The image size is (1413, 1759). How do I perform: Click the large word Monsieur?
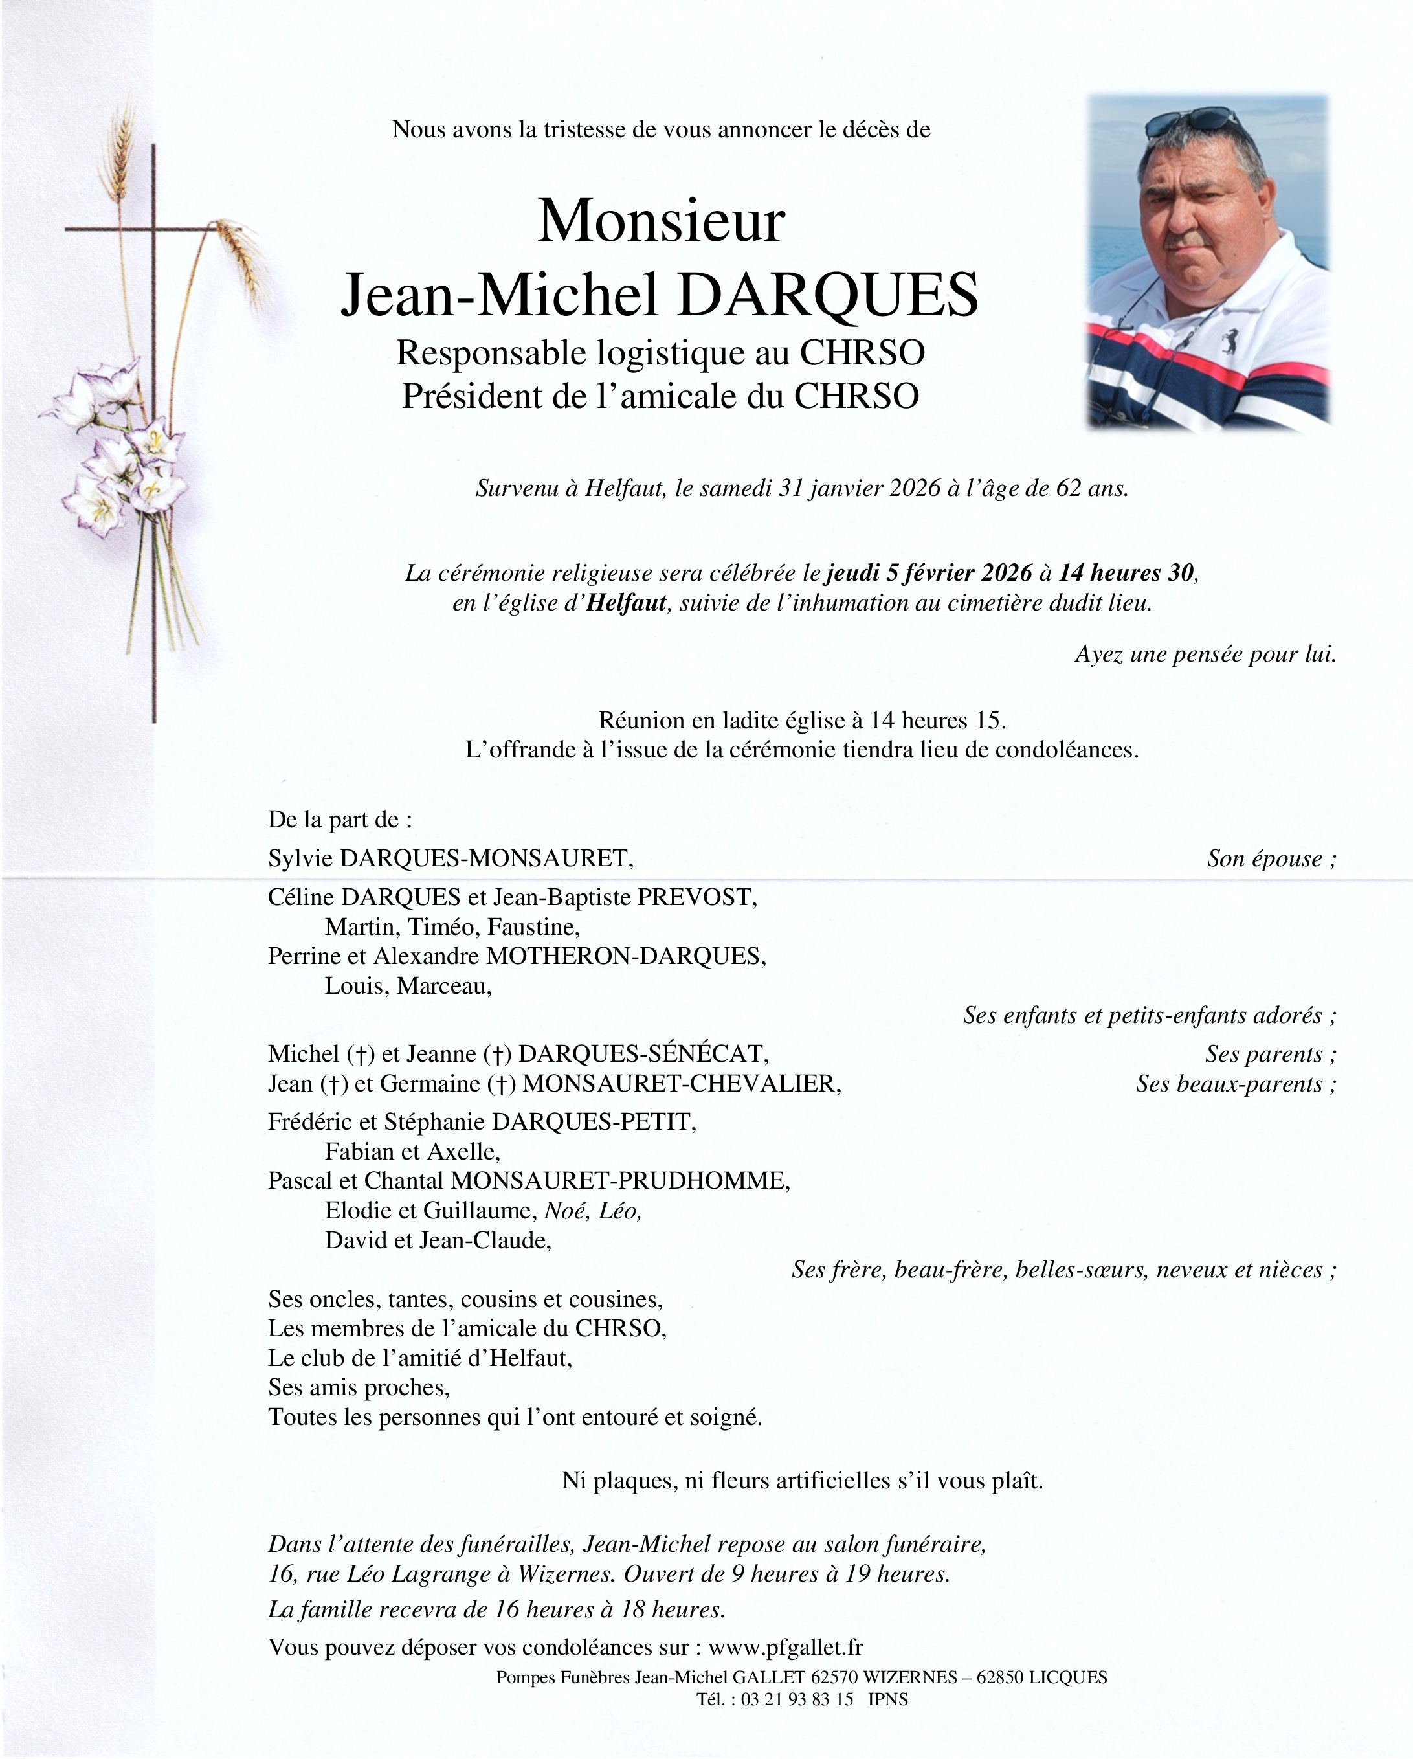click(x=661, y=222)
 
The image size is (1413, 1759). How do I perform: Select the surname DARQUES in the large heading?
click(x=827, y=295)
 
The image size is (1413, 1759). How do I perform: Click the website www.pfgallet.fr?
click(x=786, y=1646)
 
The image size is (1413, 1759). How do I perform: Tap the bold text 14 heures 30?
click(x=1127, y=573)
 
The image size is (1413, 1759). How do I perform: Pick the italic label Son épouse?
click(x=1270, y=858)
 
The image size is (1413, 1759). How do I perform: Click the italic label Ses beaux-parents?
click(x=1235, y=1084)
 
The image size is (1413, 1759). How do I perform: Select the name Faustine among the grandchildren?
click(x=545, y=927)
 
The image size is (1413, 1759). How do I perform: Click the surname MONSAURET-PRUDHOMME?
click(x=620, y=1181)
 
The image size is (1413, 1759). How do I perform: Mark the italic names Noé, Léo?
click(x=593, y=1210)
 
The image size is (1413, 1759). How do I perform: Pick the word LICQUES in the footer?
click(x=1068, y=1677)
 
